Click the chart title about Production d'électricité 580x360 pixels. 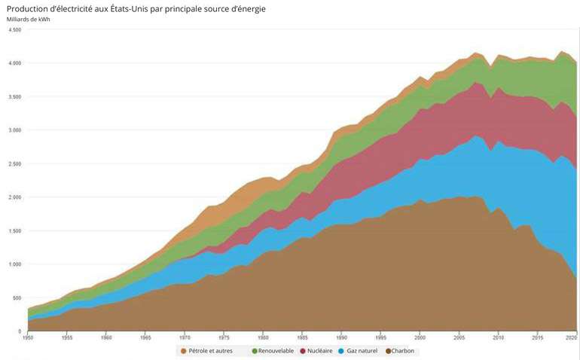(x=136, y=8)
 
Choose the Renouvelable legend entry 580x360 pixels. (x=276, y=351)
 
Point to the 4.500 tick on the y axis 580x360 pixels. (x=15, y=30)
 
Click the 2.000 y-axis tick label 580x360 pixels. (x=15, y=197)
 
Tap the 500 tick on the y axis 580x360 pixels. (x=17, y=298)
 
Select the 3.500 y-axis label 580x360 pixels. (x=15, y=97)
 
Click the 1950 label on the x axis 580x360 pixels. (x=27, y=338)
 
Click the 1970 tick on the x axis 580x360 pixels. (x=185, y=338)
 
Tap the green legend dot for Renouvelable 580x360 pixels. (x=254, y=351)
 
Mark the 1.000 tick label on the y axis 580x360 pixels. (x=15, y=264)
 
